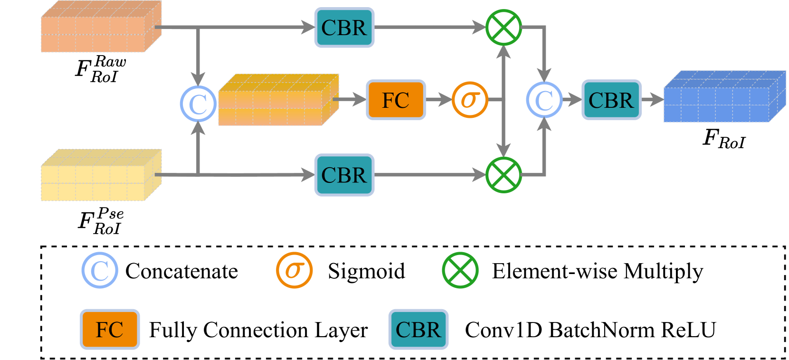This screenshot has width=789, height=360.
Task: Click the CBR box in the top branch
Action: pyautogui.click(x=344, y=28)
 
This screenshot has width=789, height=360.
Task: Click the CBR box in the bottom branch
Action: pyautogui.click(x=344, y=175)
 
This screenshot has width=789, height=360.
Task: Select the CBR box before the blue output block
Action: pyautogui.click(x=611, y=100)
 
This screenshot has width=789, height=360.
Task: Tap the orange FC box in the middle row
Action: pyautogui.click(x=396, y=100)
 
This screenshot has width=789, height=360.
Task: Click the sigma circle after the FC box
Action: pyautogui.click(x=469, y=100)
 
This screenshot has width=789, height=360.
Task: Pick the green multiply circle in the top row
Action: pyautogui.click(x=504, y=28)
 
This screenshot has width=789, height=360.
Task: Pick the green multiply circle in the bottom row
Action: pyautogui.click(x=504, y=175)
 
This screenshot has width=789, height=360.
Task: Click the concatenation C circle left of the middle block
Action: pyautogui.click(x=198, y=103)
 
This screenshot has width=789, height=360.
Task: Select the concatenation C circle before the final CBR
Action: pyautogui.click(x=544, y=100)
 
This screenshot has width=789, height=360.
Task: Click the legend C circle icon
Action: pyautogui.click(x=100, y=270)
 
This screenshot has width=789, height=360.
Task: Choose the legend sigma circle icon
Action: pyautogui.click(x=294, y=270)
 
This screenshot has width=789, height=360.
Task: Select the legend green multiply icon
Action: pyautogui.click(x=460, y=270)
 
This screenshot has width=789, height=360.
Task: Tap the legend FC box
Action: pyautogui.click(x=110, y=329)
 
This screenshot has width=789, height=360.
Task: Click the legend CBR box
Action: pyautogui.click(x=418, y=329)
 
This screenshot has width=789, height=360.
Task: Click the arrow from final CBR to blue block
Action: pyautogui.click(x=652, y=100)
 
